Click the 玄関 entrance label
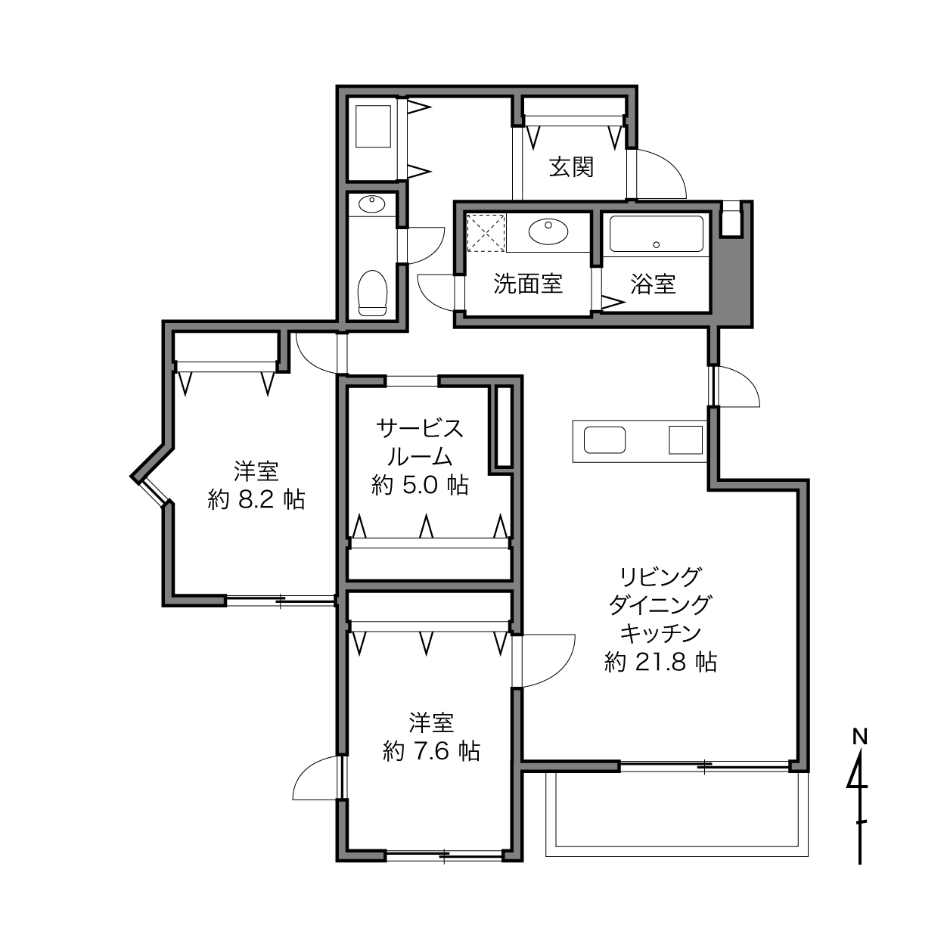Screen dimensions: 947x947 click(571, 167)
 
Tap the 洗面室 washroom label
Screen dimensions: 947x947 click(528, 284)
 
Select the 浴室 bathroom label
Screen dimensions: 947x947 click(653, 284)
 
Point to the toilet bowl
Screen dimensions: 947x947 click(372, 293)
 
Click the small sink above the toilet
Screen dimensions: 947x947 click(371, 204)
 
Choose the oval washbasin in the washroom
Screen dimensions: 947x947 click(548, 231)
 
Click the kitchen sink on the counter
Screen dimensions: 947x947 click(604, 439)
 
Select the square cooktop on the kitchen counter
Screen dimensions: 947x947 click(685, 439)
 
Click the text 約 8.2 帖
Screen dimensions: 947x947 click(256, 500)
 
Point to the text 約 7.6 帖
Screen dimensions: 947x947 click(431, 751)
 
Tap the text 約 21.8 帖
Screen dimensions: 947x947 click(660, 662)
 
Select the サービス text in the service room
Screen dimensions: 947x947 click(421, 429)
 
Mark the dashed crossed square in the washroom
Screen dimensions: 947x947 click(486, 233)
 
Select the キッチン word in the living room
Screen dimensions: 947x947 click(660, 633)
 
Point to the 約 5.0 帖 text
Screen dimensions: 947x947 click(420, 486)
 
